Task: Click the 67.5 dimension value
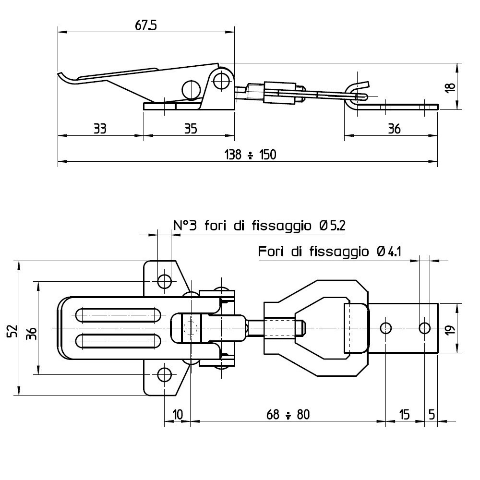tap(146, 26)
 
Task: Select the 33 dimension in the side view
tap(100, 129)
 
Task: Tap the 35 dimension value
tap(191, 129)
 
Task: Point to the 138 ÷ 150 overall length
tap(251, 155)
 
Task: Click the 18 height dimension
tap(450, 88)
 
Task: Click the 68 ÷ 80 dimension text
tap(288, 415)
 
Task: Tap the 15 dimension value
tap(404, 415)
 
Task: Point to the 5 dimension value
tap(432, 415)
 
